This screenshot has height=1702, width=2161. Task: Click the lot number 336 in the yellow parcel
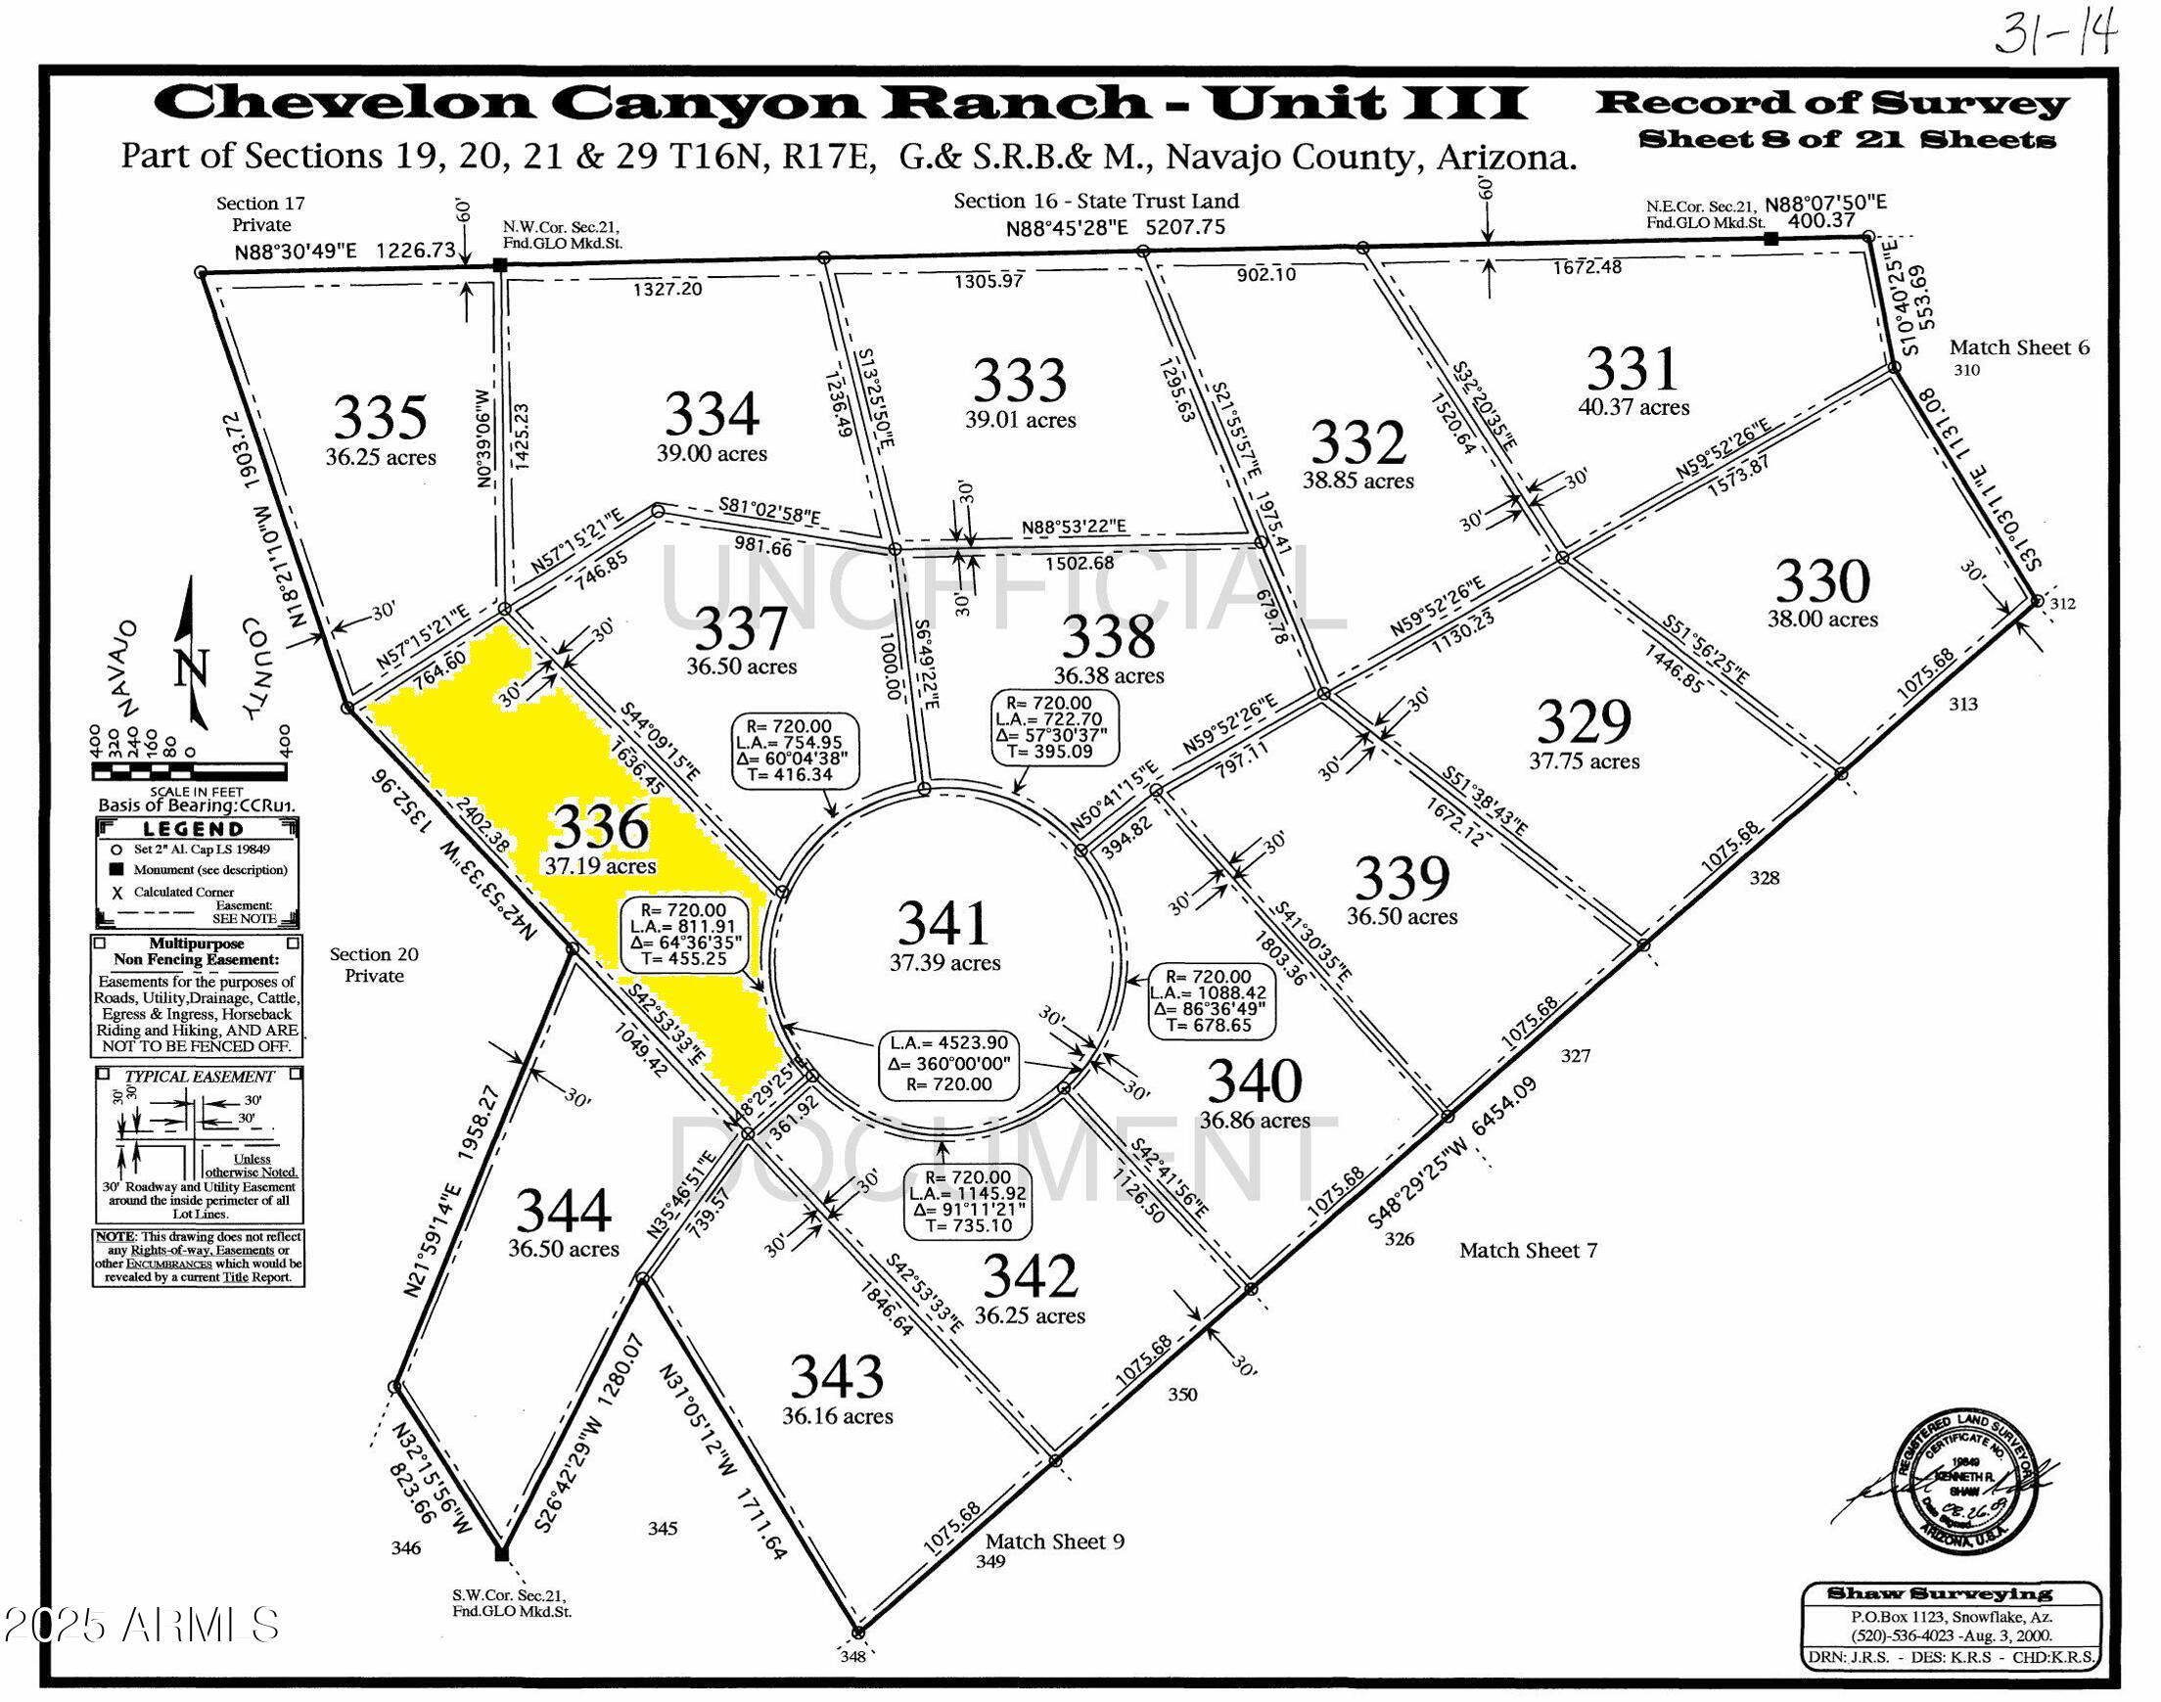tap(601, 826)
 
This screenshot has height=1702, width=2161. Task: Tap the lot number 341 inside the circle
tap(943, 923)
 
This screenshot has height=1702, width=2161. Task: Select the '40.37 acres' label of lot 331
tap(1632, 406)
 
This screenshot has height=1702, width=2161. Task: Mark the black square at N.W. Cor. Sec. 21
tap(501, 264)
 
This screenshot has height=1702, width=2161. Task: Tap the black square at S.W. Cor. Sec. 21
tap(501, 1553)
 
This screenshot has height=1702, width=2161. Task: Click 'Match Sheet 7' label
tap(1528, 1250)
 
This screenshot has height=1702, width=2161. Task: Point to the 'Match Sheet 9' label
tap(1054, 1541)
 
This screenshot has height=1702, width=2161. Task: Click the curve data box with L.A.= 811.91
tap(686, 934)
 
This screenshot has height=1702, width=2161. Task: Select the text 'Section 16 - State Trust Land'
tap(1096, 201)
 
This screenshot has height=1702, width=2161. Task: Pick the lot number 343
tap(836, 1377)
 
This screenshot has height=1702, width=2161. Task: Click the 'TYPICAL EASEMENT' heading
tap(199, 1077)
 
